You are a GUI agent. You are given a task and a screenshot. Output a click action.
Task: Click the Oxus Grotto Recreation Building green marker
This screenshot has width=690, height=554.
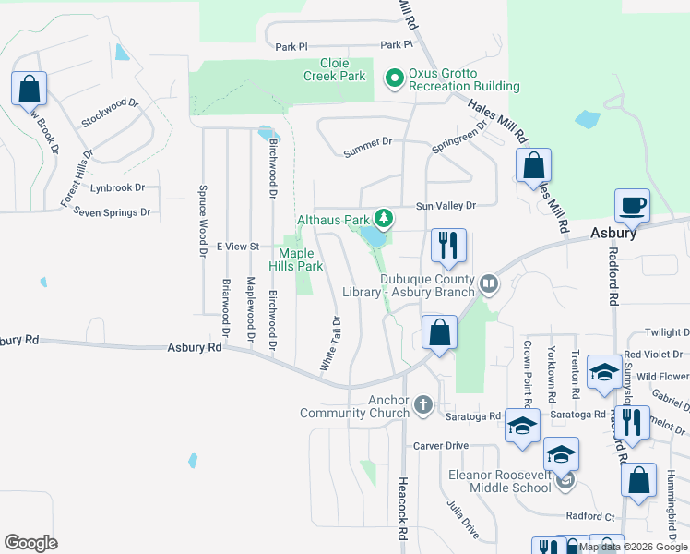395,78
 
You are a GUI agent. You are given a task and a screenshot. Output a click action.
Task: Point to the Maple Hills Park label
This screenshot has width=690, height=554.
296,259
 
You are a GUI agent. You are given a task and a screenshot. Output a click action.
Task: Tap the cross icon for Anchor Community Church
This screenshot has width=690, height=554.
423,403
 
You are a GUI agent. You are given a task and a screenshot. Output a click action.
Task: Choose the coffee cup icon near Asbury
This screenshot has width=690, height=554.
632,206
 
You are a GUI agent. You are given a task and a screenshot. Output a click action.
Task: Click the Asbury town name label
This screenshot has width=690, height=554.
613,234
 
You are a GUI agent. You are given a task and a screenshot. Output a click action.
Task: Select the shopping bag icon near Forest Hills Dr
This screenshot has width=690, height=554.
30,90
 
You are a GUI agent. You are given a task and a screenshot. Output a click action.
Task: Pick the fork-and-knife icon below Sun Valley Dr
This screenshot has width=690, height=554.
448,246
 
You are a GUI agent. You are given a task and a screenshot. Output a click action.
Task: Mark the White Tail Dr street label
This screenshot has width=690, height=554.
331,344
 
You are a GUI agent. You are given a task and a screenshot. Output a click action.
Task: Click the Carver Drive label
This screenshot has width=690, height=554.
442,445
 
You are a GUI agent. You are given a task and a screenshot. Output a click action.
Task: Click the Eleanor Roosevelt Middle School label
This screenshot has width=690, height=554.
500,482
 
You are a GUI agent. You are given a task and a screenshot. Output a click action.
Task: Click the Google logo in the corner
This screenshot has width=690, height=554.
31,543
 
